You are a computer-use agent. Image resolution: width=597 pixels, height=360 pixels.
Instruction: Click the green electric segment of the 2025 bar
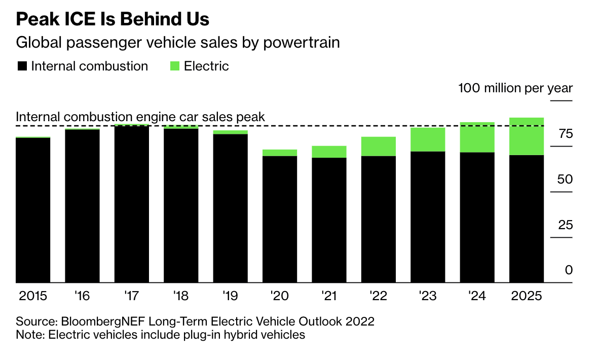tap(527, 136)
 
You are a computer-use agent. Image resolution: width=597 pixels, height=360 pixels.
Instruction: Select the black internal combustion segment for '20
tap(280, 219)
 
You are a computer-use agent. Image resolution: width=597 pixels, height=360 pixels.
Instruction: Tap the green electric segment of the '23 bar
tap(428, 139)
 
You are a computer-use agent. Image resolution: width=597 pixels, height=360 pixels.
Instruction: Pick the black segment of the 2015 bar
tap(33, 210)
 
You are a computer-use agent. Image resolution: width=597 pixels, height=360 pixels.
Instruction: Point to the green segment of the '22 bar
tap(379, 147)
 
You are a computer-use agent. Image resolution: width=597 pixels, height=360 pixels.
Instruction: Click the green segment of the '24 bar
tap(477, 137)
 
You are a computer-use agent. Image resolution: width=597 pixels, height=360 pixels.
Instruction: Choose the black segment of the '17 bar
tap(132, 204)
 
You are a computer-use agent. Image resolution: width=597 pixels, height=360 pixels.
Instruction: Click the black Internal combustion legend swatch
tap(22, 66)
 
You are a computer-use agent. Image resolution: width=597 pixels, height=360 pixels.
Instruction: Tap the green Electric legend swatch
tap(175, 66)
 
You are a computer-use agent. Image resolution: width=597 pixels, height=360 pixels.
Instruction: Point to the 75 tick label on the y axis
tap(565, 134)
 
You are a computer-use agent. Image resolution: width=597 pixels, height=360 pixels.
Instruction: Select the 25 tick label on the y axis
tap(565, 225)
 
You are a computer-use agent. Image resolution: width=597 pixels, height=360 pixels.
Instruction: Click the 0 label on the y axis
tap(569, 270)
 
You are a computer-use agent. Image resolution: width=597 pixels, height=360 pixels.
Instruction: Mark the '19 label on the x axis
tap(231, 296)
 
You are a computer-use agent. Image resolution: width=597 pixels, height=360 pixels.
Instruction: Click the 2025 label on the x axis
tap(526, 296)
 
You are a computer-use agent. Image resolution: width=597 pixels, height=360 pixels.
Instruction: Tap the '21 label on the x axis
tap(329, 296)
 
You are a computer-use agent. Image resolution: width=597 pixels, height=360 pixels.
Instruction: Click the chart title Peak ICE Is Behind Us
tap(113, 19)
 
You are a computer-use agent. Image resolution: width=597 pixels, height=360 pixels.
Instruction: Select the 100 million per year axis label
tap(515, 88)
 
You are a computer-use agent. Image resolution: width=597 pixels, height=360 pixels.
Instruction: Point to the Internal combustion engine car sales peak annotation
tap(140, 117)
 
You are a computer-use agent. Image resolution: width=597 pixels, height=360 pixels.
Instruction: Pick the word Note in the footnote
tap(28, 335)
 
